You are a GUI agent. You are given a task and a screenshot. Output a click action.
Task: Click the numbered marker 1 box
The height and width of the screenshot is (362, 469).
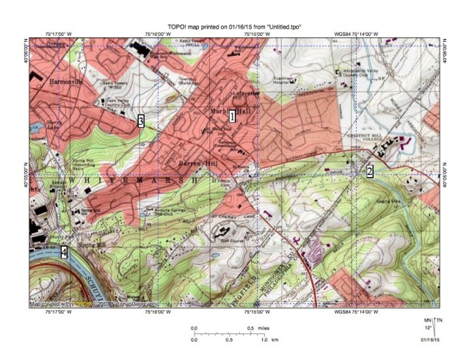pos(232,116)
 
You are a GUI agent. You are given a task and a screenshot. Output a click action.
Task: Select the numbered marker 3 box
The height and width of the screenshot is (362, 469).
pos(140,121)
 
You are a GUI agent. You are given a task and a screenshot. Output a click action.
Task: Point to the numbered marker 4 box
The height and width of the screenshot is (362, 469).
pos(65,253)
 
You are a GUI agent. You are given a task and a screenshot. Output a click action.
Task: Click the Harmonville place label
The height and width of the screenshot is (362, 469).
pos(64,82)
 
